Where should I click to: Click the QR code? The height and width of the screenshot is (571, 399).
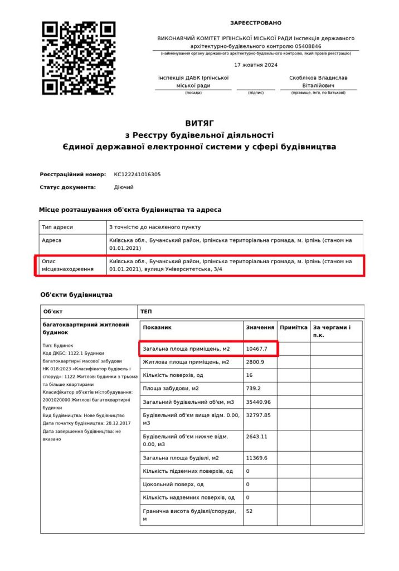pyautogui.click(x=79, y=58)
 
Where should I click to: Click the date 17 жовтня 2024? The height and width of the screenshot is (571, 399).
pyautogui.click(x=256, y=65)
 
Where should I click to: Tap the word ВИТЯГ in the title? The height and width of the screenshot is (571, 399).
pyautogui.click(x=199, y=123)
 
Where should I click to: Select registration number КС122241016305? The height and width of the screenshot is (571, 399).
pyautogui.click(x=137, y=175)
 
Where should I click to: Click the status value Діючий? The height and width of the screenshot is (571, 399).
pyautogui.click(x=124, y=187)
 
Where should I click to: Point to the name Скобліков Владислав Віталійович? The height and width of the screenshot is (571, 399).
pyautogui.click(x=318, y=81)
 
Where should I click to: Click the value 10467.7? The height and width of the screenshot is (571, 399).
pyautogui.click(x=257, y=349)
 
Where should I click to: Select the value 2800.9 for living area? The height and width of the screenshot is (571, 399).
pyautogui.click(x=255, y=362)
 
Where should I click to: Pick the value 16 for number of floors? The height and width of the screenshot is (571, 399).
pyautogui.click(x=249, y=375)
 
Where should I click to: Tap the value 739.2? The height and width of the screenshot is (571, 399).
pyautogui.click(x=254, y=388)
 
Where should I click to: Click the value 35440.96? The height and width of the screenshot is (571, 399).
pyautogui.click(x=258, y=401)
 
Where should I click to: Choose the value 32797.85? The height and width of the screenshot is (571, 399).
pyautogui.click(x=258, y=415)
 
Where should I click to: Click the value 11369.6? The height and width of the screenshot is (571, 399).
pyautogui.click(x=257, y=458)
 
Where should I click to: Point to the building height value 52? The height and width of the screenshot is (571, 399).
pyautogui.click(x=249, y=511)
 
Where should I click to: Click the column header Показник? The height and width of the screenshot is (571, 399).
pyautogui.click(x=157, y=328)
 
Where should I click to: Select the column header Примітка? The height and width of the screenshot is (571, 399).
pyautogui.click(x=294, y=328)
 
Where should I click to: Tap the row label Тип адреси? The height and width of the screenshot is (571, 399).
pyautogui.click(x=57, y=227)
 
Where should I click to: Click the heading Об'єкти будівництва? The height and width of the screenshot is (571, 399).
pyautogui.click(x=76, y=294)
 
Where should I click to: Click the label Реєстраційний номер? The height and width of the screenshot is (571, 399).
pyautogui.click(x=73, y=175)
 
